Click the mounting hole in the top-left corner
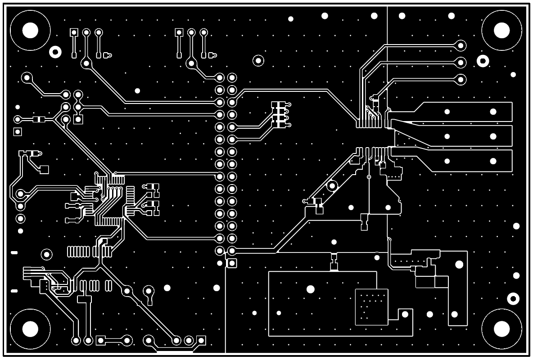point(30,30)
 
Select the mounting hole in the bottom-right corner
point(501,329)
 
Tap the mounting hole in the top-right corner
point(501,30)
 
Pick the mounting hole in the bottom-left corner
point(30,329)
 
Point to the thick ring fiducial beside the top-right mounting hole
point(483,61)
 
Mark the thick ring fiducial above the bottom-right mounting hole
point(513,298)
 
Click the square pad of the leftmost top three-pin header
point(74,32)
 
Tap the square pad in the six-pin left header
point(78,119)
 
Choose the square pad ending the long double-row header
point(232,263)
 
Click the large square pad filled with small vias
point(371,307)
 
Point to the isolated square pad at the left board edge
point(18,131)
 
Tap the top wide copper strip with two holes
point(468,112)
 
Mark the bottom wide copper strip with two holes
point(468,161)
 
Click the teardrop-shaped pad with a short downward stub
point(149,292)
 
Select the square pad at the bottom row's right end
point(201,340)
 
